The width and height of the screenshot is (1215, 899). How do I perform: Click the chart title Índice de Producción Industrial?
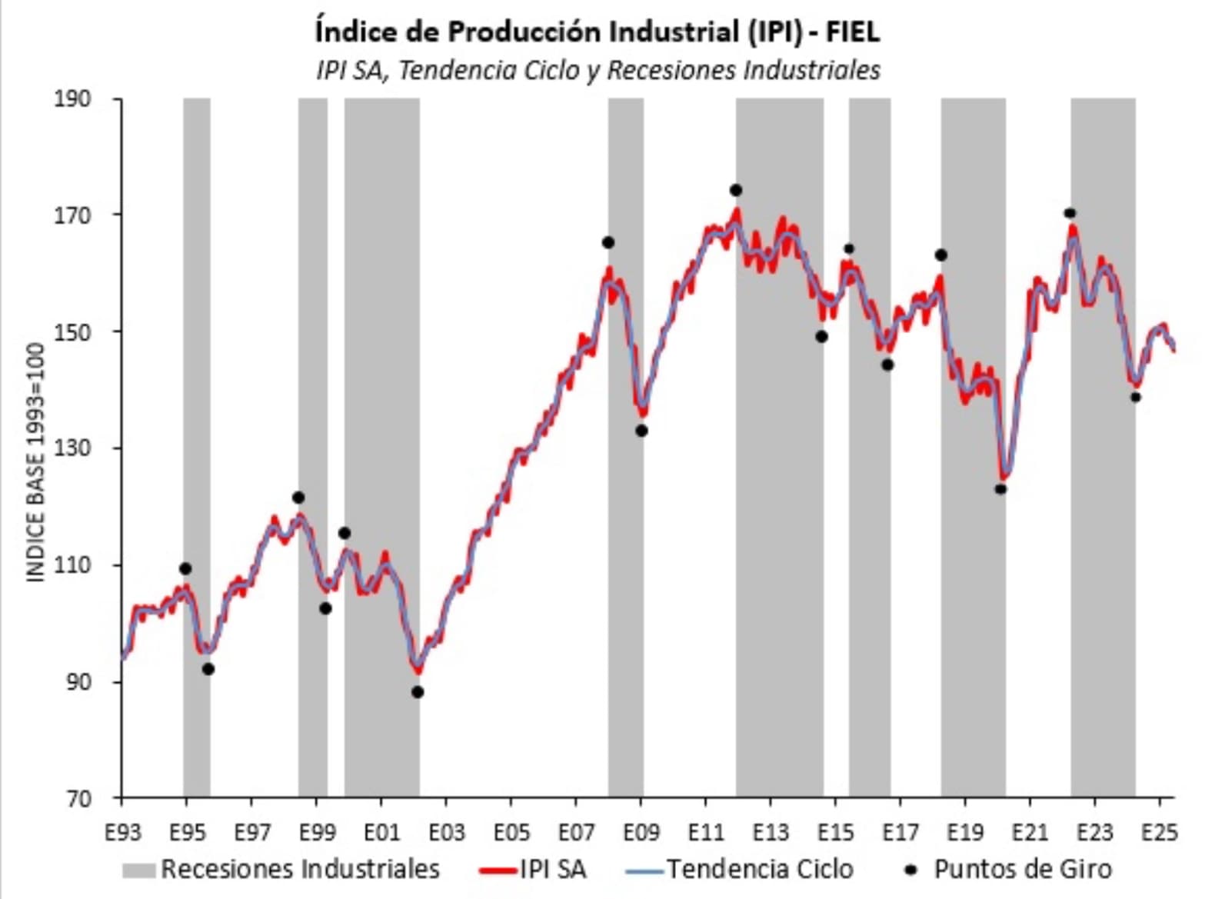point(597,32)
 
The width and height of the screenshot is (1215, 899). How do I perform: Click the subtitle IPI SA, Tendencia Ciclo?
point(597,70)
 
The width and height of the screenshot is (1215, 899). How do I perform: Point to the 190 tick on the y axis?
point(72,99)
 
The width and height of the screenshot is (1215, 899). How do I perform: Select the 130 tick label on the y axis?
point(72,448)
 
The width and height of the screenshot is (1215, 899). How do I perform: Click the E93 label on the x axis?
point(123,833)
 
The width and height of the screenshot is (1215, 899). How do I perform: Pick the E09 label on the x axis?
point(641,833)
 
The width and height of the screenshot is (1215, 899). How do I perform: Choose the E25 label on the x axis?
point(1159,833)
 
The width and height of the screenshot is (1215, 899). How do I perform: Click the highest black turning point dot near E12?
point(736,190)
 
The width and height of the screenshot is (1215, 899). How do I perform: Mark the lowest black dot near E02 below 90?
point(418,692)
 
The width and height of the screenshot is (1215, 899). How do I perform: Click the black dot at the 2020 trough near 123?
point(1000,489)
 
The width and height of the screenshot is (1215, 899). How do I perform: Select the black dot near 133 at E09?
point(641,431)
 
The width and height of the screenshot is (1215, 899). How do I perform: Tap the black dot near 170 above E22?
point(1070,213)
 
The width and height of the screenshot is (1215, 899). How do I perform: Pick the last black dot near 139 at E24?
point(1136,397)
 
